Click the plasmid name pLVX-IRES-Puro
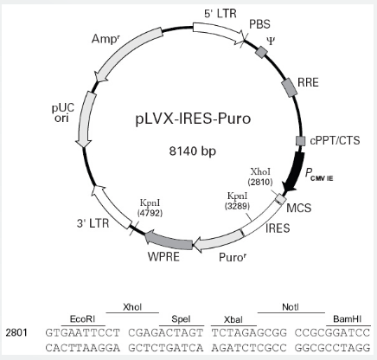(x=193, y=119)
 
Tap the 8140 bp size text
(x=192, y=151)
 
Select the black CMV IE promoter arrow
(x=295, y=171)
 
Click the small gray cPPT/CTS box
(x=301, y=141)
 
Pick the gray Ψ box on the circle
(x=262, y=52)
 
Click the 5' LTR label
(x=220, y=14)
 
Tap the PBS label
(x=259, y=24)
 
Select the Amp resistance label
(x=105, y=39)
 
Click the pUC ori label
(x=63, y=113)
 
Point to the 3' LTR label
(x=93, y=223)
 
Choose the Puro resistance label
(x=233, y=257)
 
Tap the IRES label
(x=278, y=228)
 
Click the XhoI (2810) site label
(x=260, y=177)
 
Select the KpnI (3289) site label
(x=237, y=201)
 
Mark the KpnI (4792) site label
(x=150, y=208)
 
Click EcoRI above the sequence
(x=82, y=319)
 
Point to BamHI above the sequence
(x=347, y=319)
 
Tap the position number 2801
(x=16, y=332)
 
